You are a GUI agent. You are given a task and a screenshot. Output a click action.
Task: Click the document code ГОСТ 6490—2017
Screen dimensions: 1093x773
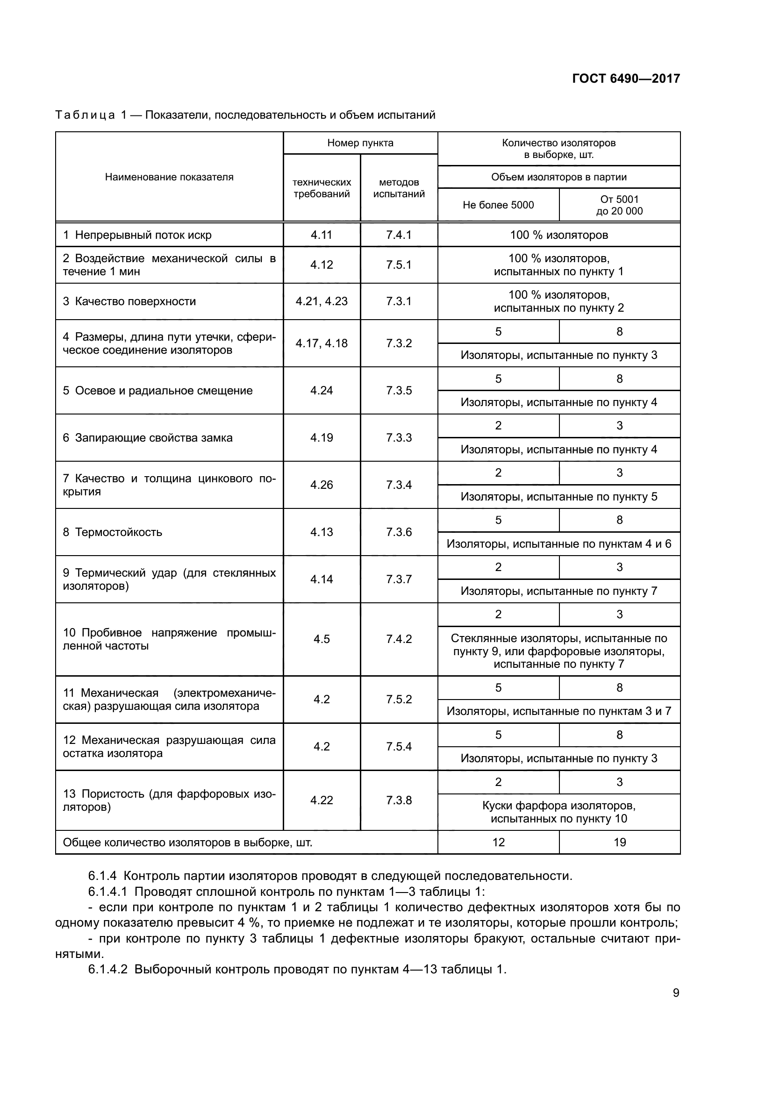tap(625, 79)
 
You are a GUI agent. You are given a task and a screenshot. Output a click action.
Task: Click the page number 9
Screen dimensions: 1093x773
tap(676, 993)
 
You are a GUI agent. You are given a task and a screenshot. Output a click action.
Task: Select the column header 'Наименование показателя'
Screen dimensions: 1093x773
tap(169, 177)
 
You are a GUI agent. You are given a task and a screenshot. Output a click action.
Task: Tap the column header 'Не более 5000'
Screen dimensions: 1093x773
tap(498, 205)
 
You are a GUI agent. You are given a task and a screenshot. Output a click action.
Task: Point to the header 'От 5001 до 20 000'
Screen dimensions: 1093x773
tap(619, 205)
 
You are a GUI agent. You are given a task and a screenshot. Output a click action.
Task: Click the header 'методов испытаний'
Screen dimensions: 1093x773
tap(398, 187)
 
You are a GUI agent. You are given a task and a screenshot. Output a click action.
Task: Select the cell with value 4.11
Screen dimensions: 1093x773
tap(321, 235)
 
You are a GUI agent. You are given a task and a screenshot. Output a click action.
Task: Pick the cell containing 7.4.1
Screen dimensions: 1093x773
tap(398, 235)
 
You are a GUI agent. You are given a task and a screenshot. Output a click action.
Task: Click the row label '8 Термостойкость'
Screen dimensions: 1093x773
tap(112, 532)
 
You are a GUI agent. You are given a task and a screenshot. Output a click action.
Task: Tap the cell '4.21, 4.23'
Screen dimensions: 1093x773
tap(321, 301)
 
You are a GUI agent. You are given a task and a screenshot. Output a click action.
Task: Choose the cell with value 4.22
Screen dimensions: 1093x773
tap(321, 800)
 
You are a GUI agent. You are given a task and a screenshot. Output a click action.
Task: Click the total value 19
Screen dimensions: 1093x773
tap(619, 842)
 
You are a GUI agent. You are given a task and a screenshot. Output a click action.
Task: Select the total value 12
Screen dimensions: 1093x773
tap(498, 842)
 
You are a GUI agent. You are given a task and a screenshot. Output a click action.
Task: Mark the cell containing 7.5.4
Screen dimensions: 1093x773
tap(398, 746)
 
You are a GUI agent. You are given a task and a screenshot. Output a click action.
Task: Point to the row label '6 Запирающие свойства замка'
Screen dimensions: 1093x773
tap(148, 437)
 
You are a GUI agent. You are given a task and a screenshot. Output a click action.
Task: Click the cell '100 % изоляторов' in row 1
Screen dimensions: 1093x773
tap(558, 235)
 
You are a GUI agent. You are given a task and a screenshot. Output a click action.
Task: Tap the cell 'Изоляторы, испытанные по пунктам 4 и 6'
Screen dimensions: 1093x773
tap(558, 543)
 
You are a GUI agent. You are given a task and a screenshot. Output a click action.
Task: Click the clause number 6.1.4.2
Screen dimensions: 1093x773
tap(107, 969)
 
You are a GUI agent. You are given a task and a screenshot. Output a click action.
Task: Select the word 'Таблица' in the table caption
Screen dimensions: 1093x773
tap(85, 115)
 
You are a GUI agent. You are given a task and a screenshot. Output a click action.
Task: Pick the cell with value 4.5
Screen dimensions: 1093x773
tap(321, 639)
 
